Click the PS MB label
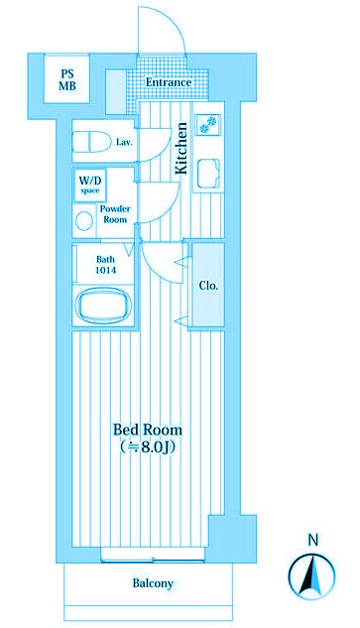tap(67, 79)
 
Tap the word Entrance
tap(169, 82)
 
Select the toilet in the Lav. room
tap(91, 142)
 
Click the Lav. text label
tap(124, 142)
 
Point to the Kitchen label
tap(181, 148)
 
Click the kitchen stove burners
tap(208, 124)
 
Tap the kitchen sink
tap(208, 174)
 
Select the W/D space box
tap(89, 185)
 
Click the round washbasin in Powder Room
tap(84, 221)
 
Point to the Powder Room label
tap(115, 214)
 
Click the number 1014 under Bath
tap(106, 270)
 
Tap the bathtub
tap(103, 306)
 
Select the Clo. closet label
tap(209, 286)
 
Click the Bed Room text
tap(148, 431)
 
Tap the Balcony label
tap(153, 583)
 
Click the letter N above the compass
tap(313, 541)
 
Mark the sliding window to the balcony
tap(153, 560)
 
